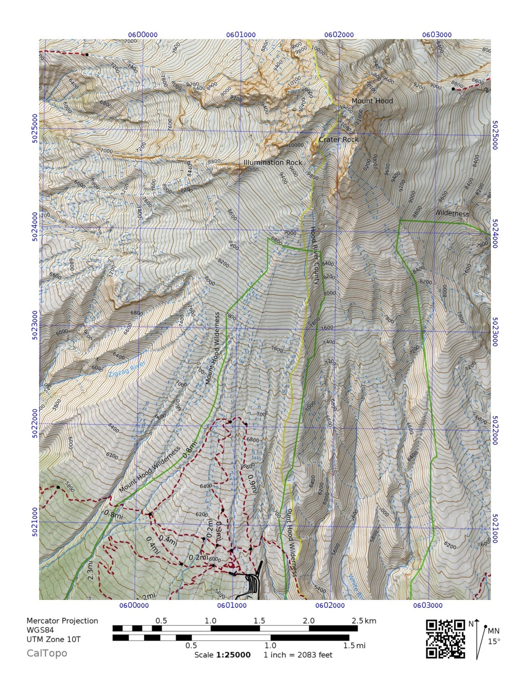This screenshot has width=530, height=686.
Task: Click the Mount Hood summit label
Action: (x=372, y=101)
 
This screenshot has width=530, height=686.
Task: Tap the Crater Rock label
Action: (x=338, y=140)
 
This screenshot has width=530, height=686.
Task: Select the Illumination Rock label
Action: (x=273, y=163)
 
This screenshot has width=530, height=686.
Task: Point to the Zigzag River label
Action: (x=127, y=369)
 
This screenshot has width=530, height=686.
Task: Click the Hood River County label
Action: (x=316, y=256)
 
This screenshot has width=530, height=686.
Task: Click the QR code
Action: (x=445, y=639)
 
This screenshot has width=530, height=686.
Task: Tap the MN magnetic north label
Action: (x=493, y=631)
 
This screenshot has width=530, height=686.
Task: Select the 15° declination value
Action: (x=494, y=642)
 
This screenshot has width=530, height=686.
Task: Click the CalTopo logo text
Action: (x=47, y=653)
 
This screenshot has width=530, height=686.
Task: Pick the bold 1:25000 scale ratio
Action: (x=233, y=655)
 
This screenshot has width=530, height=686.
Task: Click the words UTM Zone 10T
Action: (x=54, y=639)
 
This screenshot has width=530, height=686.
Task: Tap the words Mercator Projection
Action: (x=62, y=621)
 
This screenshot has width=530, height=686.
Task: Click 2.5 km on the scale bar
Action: (x=364, y=621)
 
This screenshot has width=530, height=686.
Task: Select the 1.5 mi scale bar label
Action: (x=354, y=646)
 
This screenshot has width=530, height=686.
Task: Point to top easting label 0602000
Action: (x=339, y=35)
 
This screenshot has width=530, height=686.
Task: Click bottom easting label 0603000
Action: (x=428, y=605)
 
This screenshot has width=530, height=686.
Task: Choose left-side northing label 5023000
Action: (x=35, y=326)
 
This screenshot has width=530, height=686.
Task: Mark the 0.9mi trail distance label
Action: (x=252, y=485)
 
